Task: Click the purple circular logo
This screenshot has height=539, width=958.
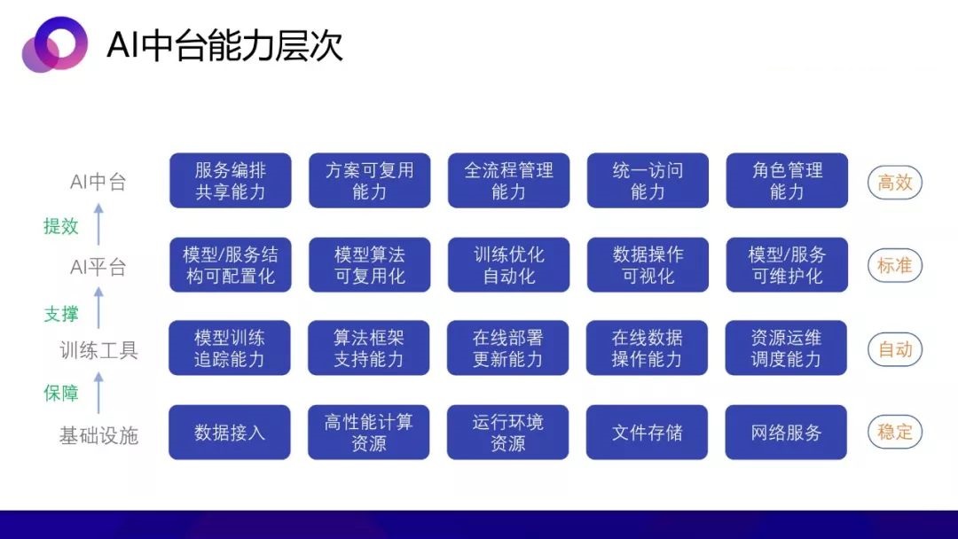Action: click(x=54, y=44)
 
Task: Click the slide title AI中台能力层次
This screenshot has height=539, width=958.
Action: click(x=224, y=45)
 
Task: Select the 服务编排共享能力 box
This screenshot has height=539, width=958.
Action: click(x=231, y=181)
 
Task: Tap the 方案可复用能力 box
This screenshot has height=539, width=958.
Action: click(x=370, y=181)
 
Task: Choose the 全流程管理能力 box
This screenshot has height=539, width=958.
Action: click(x=509, y=181)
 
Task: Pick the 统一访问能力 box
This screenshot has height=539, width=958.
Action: click(x=648, y=181)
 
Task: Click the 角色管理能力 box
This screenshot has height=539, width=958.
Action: click(x=787, y=181)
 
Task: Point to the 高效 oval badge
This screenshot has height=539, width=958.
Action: click(x=894, y=182)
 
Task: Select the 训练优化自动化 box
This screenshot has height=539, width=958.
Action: click(x=509, y=265)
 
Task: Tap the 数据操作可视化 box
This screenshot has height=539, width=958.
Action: click(x=648, y=265)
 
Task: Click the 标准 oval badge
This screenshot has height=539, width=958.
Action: click(x=894, y=266)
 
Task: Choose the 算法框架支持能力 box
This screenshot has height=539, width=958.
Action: click(x=369, y=348)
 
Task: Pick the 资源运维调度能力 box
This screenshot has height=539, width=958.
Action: click(x=786, y=348)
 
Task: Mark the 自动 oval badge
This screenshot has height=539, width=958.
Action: click(x=894, y=349)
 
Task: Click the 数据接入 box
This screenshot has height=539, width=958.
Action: click(x=230, y=433)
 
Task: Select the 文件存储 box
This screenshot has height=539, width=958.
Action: click(x=647, y=433)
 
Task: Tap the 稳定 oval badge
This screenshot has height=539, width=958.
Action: click(x=894, y=432)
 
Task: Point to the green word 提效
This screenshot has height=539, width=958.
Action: click(x=61, y=226)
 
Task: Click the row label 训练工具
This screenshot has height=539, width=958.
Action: click(x=99, y=350)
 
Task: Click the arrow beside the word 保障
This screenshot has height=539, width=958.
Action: click(x=98, y=393)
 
